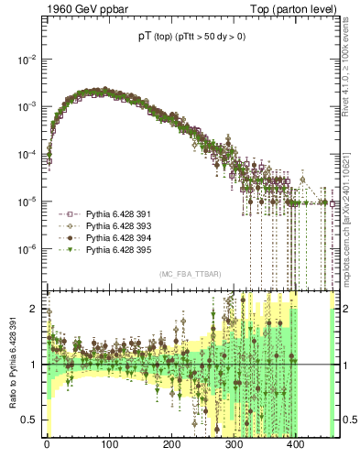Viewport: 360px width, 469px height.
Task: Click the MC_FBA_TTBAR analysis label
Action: click(x=187, y=274)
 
